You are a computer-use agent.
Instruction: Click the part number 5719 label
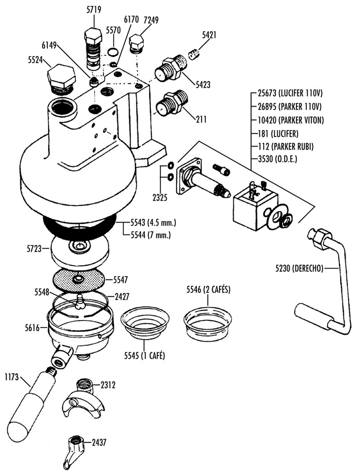click(94, 9)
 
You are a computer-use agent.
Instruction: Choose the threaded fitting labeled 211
click(171, 102)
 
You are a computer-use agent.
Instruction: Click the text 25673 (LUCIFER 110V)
click(290, 94)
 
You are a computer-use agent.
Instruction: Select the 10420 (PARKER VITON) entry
click(291, 120)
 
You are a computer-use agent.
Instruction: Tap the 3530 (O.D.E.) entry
click(278, 159)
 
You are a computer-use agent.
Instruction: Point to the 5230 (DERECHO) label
click(299, 268)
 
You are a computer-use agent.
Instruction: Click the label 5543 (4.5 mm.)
click(153, 223)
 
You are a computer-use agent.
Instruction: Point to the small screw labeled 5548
click(81, 302)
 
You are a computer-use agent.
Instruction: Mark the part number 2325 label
click(160, 198)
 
